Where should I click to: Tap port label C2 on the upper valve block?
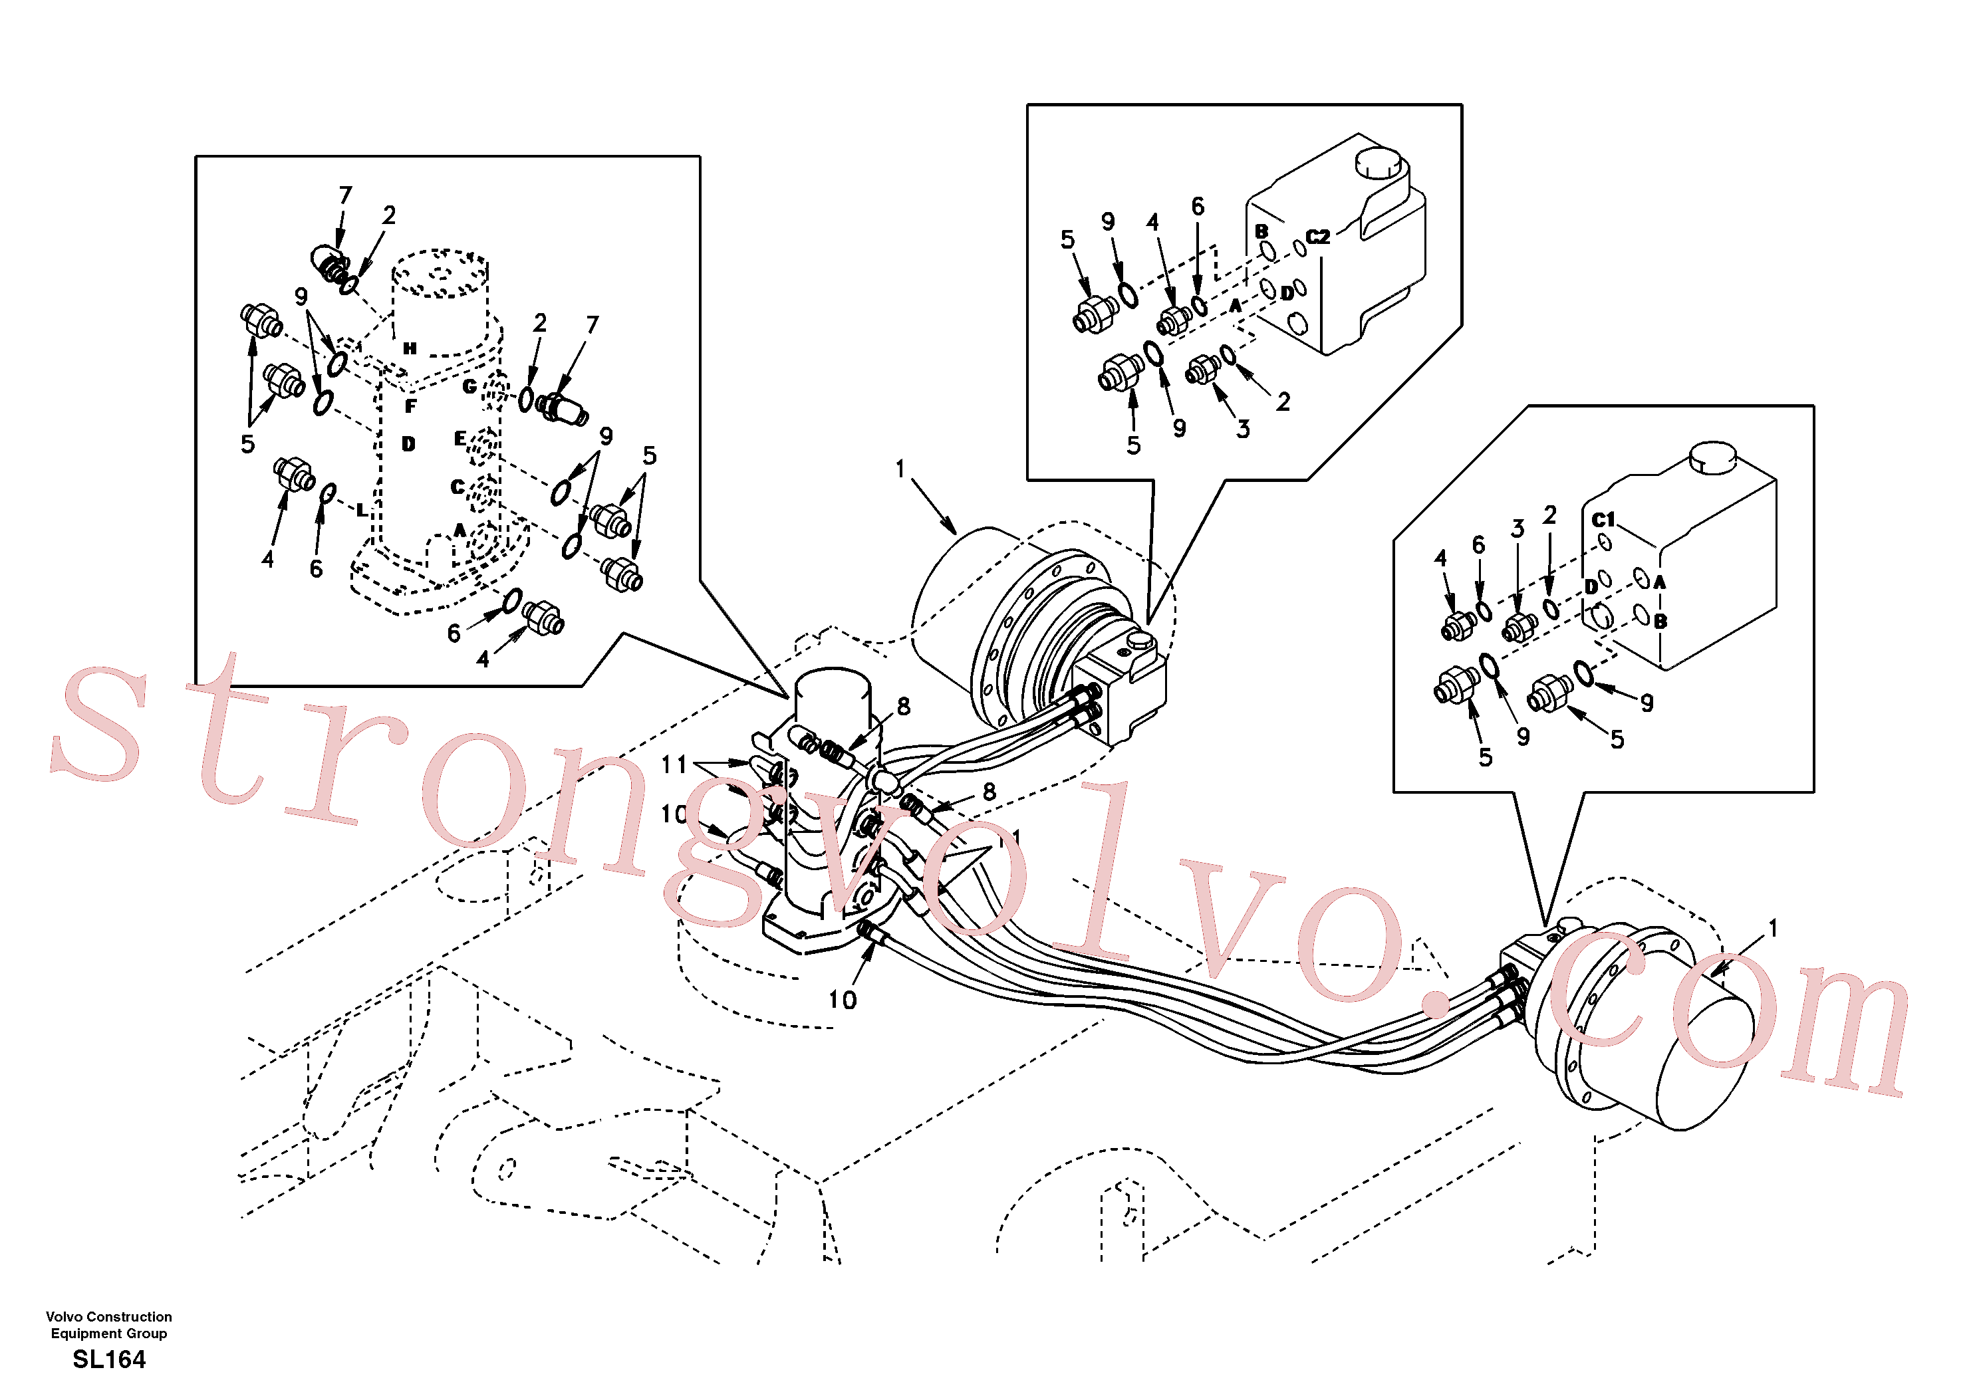click(1318, 236)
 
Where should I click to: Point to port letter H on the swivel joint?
click(410, 348)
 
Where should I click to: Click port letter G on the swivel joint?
click(469, 386)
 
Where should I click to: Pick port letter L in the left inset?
click(361, 510)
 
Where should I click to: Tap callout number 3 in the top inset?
click(1243, 428)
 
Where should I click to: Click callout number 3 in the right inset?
click(1518, 528)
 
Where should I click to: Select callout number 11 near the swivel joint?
click(674, 764)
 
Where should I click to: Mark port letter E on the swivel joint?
click(460, 439)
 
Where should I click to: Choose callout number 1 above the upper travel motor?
click(900, 469)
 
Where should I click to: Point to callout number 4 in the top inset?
click(1152, 221)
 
